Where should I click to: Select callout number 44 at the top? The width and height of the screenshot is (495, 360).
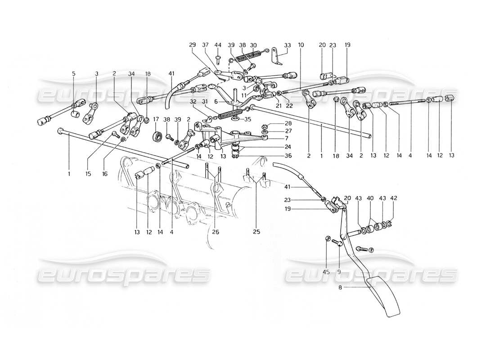click(218, 45)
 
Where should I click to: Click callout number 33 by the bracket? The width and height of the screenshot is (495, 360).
click(288, 45)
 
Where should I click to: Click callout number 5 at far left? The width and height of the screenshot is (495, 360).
click(73, 73)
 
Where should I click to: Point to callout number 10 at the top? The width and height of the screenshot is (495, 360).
click(301, 45)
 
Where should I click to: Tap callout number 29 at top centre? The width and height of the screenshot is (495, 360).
click(193, 45)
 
